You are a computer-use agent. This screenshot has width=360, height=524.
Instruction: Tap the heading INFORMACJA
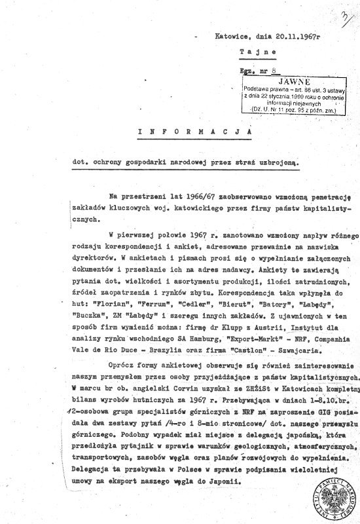(x=196, y=132)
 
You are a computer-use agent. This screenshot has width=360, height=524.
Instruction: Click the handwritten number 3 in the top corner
(x=343, y=14)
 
